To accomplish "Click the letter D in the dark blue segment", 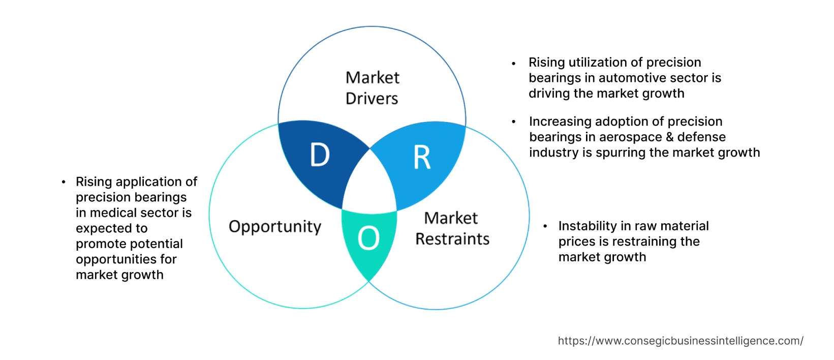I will coord(320,155).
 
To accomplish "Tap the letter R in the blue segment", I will coord(422,158).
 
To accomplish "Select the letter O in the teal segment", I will coord(368,238).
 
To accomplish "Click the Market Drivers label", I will coord(372,88).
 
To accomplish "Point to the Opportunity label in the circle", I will coord(275,226).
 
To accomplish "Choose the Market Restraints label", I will coord(452,228).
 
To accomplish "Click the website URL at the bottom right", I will coord(680,341).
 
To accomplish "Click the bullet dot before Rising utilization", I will coord(514,64).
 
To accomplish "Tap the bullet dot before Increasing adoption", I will coord(514,122).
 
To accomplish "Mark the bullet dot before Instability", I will coord(545,226).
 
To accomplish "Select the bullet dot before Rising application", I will coord(63,182).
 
